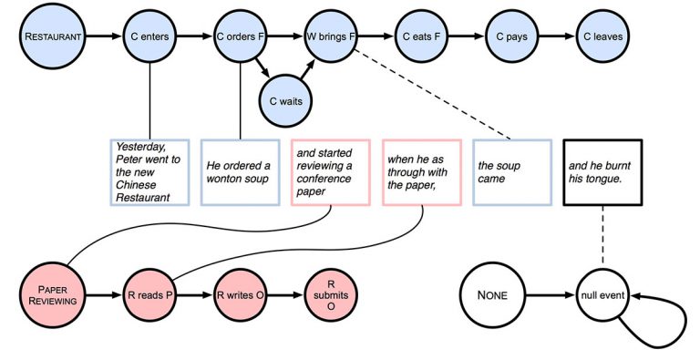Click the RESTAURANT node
pos(53,36)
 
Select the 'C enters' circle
pos(148,36)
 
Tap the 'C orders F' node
pos(240,36)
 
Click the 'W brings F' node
pos(330,36)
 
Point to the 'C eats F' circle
pos(421,36)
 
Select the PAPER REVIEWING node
pos(53,294)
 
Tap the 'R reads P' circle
pos(148,294)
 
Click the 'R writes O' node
pos(239,294)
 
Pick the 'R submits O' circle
pos(330,294)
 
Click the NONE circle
pos(490,294)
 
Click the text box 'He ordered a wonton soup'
pos(238,173)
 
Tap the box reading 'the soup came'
pos(511,173)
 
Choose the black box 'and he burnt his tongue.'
pos(602,173)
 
